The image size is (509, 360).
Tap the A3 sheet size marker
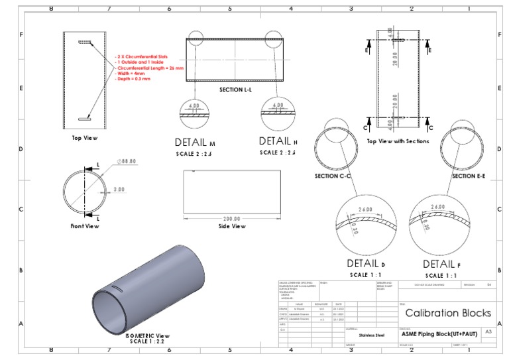tap(488, 331)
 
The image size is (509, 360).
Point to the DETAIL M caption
tap(195, 142)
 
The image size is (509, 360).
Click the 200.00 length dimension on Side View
tap(232, 218)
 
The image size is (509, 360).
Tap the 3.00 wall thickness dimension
tap(119, 190)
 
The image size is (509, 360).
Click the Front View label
tap(85, 226)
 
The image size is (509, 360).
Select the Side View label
tap(232, 226)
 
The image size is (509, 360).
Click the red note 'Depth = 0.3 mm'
tap(133, 78)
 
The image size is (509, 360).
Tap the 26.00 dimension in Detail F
tap(438, 207)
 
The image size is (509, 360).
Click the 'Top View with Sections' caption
tap(398, 141)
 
